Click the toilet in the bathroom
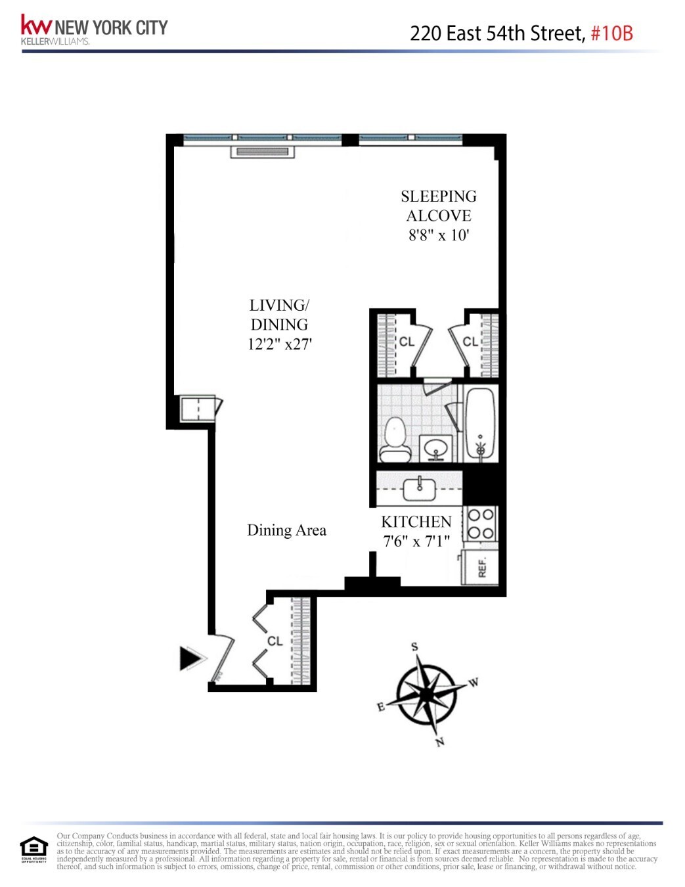click(395, 441)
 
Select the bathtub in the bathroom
click(481, 424)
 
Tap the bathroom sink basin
click(435, 449)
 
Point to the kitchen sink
click(419, 488)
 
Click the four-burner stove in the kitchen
click(481, 524)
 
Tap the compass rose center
click(428, 694)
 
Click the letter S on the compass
click(414, 647)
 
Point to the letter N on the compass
click(440, 742)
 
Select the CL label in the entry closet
click(275, 641)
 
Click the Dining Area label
click(286, 530)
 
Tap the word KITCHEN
click(416, 522)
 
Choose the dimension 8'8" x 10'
click(439, 235)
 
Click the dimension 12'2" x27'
click(280, 344)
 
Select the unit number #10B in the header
click(611, 33)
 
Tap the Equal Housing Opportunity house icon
click(33, 848)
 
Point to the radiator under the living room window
click(262, 152)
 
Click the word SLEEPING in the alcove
click(439, 196)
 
